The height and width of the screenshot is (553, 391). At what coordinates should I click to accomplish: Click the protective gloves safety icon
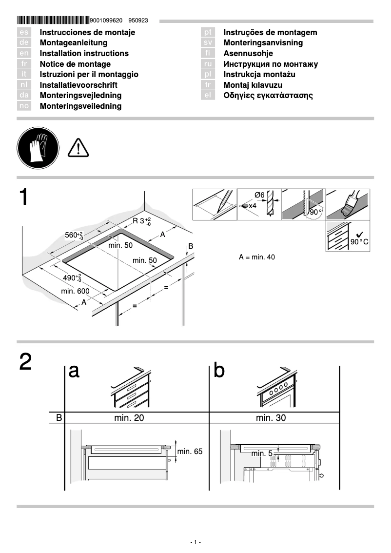38,147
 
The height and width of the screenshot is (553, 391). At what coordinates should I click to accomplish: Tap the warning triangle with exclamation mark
78,147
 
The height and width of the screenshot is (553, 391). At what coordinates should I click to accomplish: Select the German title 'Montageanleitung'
73,43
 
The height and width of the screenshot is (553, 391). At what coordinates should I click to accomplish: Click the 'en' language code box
24,54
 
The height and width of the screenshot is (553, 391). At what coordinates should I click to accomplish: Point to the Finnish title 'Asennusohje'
248,54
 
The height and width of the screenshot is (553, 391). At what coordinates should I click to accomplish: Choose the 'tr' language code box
208,85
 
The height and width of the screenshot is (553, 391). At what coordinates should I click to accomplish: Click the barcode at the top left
53,20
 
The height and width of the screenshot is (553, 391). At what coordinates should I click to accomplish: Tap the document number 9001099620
106,21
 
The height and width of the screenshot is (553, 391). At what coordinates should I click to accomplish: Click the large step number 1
26,197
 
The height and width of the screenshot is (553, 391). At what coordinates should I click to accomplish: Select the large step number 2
26,362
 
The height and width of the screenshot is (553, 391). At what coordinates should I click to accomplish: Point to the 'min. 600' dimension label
75,291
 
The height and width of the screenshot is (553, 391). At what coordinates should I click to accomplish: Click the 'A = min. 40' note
256,257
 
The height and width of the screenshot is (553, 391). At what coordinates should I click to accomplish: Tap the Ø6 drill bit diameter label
259,195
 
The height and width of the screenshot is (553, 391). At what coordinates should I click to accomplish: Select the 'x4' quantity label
252,206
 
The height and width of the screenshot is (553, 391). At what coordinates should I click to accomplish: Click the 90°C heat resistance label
359,242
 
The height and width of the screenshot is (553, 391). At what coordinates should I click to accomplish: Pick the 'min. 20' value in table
129,418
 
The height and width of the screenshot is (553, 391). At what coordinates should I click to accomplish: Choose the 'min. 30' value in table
271,418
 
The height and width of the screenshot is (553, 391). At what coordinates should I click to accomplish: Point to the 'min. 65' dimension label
190,452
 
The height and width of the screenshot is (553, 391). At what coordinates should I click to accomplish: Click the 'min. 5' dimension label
262,454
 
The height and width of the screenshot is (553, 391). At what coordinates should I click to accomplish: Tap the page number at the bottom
195,542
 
